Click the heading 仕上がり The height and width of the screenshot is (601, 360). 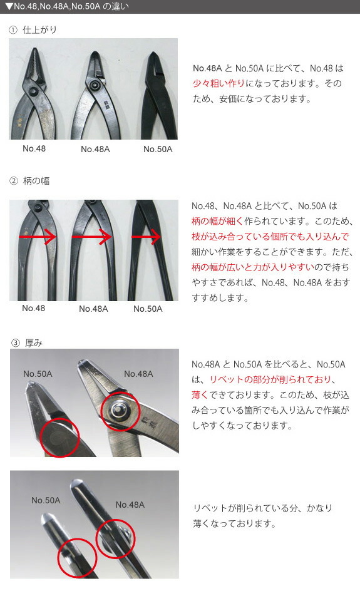pos(39,30)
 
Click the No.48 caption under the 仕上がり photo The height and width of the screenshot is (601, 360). pos(34,148)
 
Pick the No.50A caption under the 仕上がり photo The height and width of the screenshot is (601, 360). pos(158,149)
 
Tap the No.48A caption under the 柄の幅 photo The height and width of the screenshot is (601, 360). pos(93,309)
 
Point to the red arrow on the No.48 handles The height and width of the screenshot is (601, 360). pos(38,237)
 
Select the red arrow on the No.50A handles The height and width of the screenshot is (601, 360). pos(147,237)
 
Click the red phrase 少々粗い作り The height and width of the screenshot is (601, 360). pos(219,83)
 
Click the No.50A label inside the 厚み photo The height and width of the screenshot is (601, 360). pos(38,374)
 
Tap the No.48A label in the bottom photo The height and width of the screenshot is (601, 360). pos(130,505)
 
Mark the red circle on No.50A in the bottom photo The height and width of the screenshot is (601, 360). pos(77,555)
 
